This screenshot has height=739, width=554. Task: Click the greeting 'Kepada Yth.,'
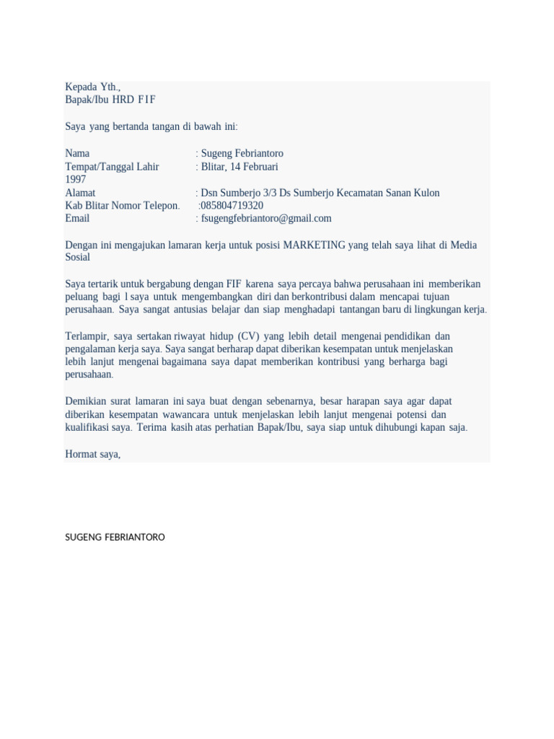pyautogui.click(x=92, y=87)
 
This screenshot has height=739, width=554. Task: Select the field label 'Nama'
pyautogui.click(x=77, y=154)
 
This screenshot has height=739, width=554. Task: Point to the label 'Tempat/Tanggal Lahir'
pyautogui.click(x=112, y=167)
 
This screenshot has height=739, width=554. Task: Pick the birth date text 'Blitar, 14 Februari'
pyautogui.click(x=239, y=167)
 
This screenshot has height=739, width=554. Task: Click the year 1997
pyautogui.click(x=76, y=180)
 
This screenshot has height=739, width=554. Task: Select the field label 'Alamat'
pyautogui.click(x=80, y=193)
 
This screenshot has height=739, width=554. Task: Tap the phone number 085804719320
pyautogui.click(x=231, y=206)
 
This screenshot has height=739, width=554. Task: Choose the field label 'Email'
pyautogui.click(x=77, y=219)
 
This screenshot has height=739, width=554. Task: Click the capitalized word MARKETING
pyautogui.click(x=314, y=245)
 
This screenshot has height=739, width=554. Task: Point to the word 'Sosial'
pyautogui.click(x=78, y=258)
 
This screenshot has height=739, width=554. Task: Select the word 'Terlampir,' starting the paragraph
pyautogui.click(x=86, y=336)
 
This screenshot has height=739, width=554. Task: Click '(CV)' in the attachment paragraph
pyautogui.click(x=247, y=336)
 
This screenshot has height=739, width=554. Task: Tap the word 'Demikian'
pyautogui.click(x=87, y=401)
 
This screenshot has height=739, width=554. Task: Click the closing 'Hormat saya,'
pyautogui.click(x=92, y=455)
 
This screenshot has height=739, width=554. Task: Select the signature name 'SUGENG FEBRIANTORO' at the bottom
pyautogui.click(x=115, y=538)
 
